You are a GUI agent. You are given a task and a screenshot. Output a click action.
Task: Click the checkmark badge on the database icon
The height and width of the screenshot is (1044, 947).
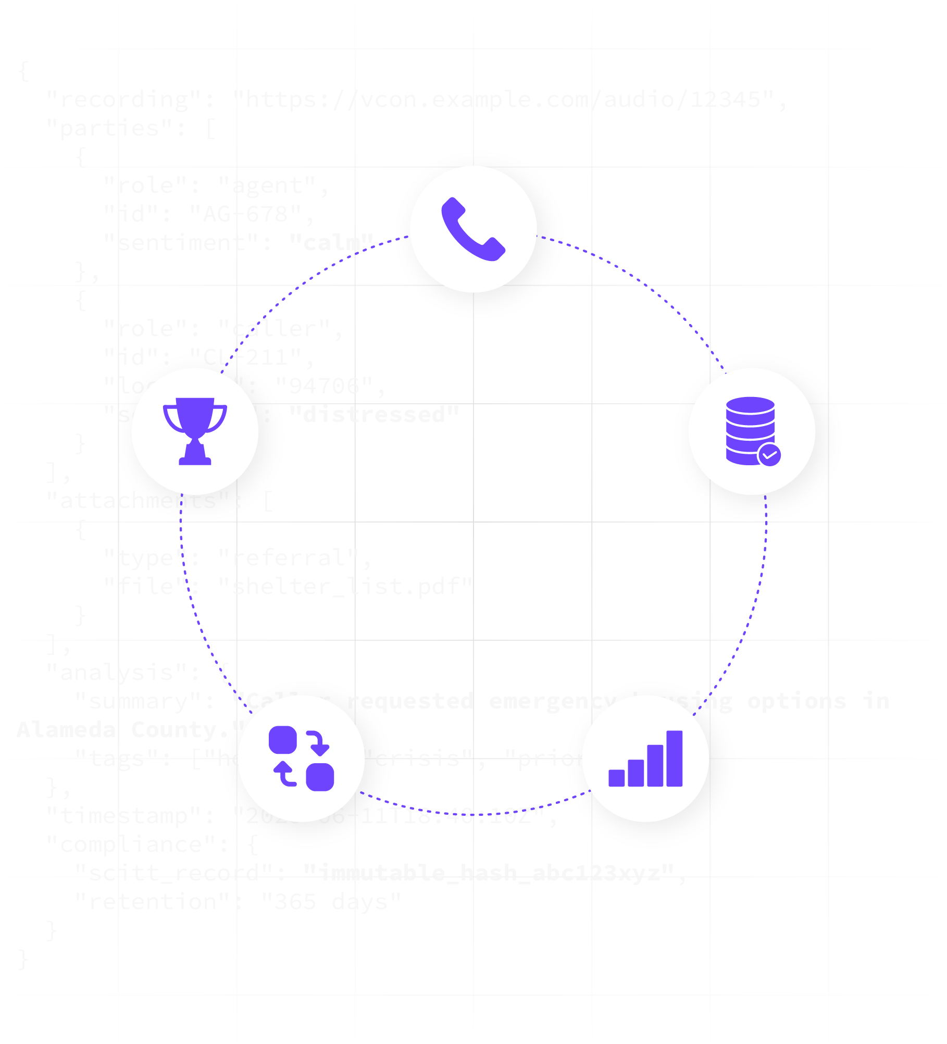pyautogui.click(x=769, y=455)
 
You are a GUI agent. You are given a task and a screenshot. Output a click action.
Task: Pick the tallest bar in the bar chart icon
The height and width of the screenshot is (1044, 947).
pyautogui.click(x=674, y=758)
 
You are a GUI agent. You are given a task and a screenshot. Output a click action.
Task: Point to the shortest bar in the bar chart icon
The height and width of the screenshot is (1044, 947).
pyautogui.click(x=617, y=778)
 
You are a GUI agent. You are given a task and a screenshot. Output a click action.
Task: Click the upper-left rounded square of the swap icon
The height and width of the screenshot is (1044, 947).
pyautogui.click(x=283, y=740)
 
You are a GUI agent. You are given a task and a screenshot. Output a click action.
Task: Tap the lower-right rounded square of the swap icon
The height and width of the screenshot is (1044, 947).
pyautogui.click(x=320, y=777)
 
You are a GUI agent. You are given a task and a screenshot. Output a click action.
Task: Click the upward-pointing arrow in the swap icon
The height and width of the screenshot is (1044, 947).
pyautogui.click(x=284, y=773)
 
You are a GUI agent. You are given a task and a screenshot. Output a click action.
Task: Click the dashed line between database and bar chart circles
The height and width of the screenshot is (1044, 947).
pyautogui.click(x=753, y=610)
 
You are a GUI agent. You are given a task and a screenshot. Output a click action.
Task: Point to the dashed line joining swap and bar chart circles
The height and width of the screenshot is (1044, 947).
pyautogui.click(x=474, y=814)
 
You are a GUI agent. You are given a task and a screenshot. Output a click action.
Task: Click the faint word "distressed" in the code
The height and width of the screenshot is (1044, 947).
pyautogui.click(x=374, y=415)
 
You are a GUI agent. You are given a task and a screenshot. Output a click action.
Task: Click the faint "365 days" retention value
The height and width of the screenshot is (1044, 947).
pyautogui.click(x=331, y=902)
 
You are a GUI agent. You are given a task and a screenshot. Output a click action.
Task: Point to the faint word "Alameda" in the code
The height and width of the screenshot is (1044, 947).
pyautogui.click(x=67, y=730)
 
